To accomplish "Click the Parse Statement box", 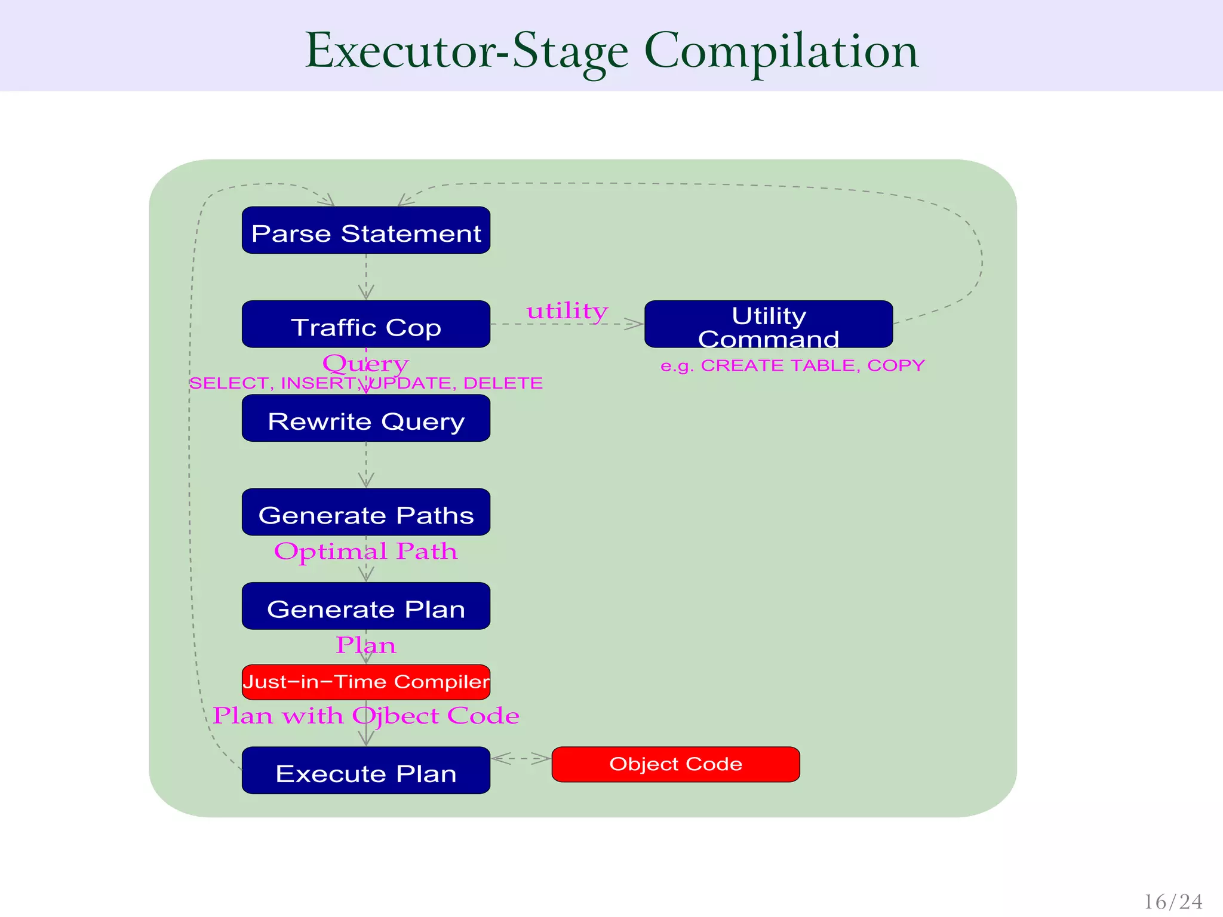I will [x=365, y=230].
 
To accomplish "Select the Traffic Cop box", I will [x=365, y=324].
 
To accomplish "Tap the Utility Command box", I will [x=769, y=324].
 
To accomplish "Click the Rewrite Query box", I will [x=365, y=419].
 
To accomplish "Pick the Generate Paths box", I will [x=365, y=512].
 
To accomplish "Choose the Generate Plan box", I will [x=365, y=606].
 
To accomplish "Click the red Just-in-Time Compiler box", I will [x=365, y=682].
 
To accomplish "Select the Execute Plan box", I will [x=365, y=770].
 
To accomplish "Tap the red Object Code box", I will [x=675, y=764].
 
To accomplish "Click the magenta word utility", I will [x=567, y=311].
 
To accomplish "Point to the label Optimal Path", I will [x=365, y=551].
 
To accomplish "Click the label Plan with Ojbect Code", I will [x=365, y=715].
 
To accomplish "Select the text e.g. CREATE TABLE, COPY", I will [x=792, y=365].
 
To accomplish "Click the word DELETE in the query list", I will [x=503, y=383].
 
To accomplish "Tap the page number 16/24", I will [x=1173, y=901].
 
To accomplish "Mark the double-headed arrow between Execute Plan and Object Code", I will [x=521, y=759].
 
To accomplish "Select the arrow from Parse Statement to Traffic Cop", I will [x=366, y=277].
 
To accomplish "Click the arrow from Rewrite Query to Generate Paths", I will [x=366, y=465].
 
